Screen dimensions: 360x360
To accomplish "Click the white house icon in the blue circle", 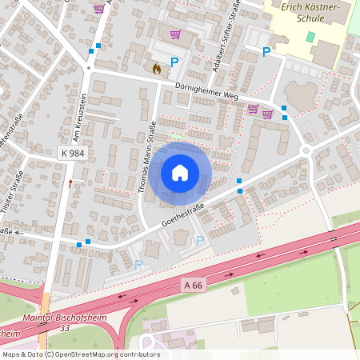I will pos(180,173).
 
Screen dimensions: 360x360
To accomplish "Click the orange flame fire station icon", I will pos(156,69).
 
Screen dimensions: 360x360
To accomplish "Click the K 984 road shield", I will pos(72,152).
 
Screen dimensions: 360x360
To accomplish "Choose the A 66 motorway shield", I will pos(192,285).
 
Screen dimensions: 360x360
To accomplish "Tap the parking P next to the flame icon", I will pos(174,62).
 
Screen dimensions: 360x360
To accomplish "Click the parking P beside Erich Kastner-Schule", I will pos(266,52).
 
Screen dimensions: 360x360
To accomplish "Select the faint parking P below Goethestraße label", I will pos(200,239).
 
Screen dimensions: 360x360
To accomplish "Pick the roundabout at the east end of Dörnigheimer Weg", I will pos(305,151).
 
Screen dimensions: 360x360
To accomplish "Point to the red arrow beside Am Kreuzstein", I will pos(70,184).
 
